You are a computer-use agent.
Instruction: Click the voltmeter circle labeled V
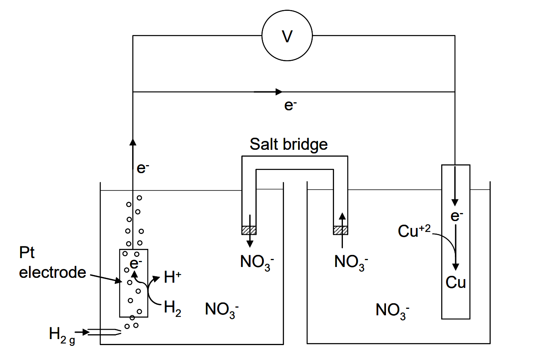(287, 36)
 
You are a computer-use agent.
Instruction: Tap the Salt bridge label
(288, 144)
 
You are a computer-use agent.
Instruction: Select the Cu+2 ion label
(414, 231)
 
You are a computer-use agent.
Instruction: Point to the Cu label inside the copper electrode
(456, 282)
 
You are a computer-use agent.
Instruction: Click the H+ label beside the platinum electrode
(172, 277)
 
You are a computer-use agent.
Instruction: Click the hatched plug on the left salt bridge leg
(249, 230)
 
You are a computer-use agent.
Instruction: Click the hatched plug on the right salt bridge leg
(340, 230)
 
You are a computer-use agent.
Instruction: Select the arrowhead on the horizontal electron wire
(278, 92)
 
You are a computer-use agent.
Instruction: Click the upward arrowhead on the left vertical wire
(133, 141)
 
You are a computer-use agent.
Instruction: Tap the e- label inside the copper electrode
(456, 216)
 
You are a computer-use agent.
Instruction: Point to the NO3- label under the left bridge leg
(257, 262)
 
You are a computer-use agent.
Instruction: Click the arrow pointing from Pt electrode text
(106, 278)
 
